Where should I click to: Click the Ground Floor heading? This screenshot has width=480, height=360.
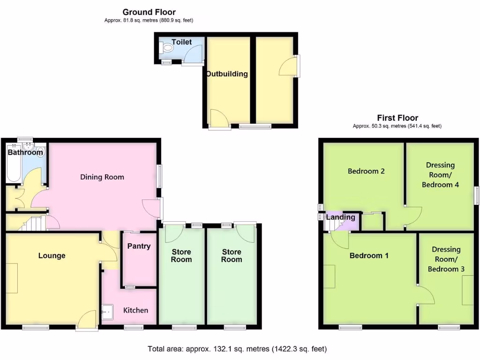click(149, 12)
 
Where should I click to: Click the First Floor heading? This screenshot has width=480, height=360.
click(397, 118)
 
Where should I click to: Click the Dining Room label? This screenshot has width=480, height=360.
click(102, 177)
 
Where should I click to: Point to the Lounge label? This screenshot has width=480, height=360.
click(52, 255)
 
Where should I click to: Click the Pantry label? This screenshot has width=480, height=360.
click(139, 246)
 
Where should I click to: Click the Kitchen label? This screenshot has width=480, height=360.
click(135, 310)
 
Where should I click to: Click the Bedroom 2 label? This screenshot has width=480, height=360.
click(366, 171)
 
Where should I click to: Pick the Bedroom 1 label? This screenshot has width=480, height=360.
click(369, 255)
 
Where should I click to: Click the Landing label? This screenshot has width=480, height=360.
click(341, 217)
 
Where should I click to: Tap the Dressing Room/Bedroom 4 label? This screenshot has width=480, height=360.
click(440, 175)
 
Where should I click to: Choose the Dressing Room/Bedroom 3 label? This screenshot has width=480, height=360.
click(446, 259)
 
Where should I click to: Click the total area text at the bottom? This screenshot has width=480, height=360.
click(237, 349)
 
